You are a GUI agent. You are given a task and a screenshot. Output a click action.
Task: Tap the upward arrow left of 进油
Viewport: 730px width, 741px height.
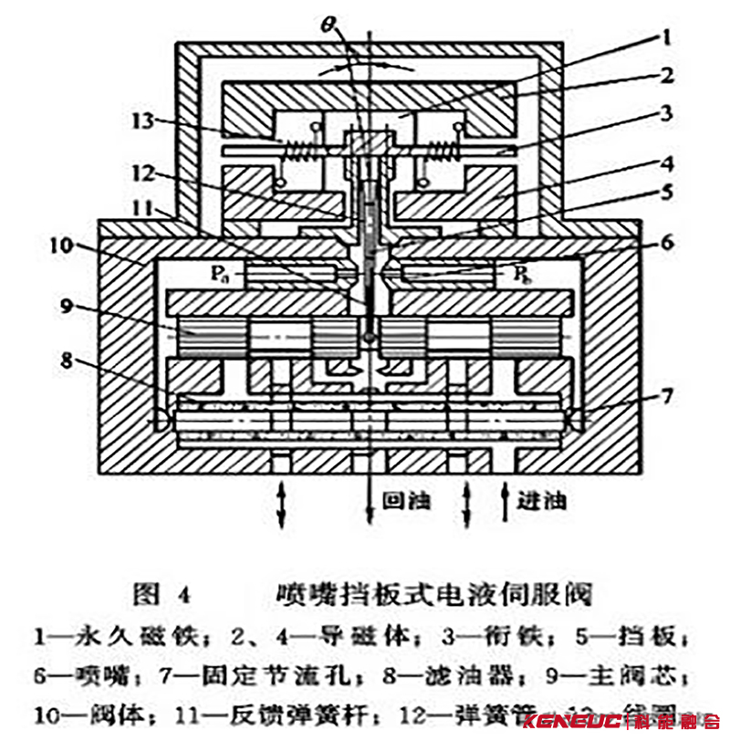(x=506, y=506)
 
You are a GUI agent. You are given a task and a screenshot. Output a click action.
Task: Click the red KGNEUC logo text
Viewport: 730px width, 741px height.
(x=582, y=721)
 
